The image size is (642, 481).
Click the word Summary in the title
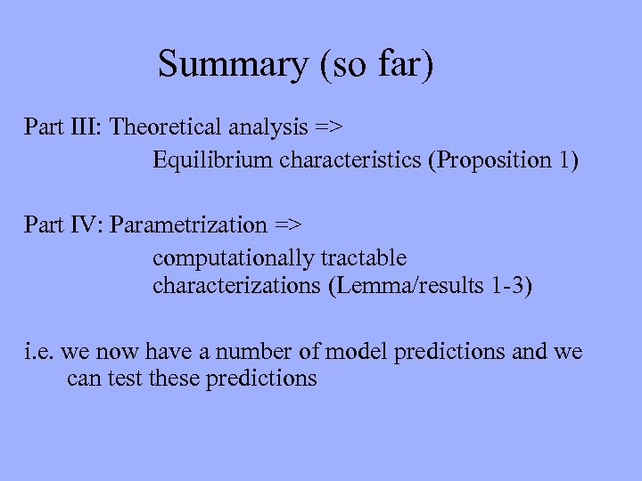coord(232,65)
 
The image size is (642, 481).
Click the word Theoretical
coord(166,126)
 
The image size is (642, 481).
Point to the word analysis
coord(266,126)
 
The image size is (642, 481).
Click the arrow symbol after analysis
coord(327,126)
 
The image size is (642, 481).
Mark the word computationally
coord(234,258)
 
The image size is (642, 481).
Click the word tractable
coord(364,258)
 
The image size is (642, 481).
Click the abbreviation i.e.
coord(38,352)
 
